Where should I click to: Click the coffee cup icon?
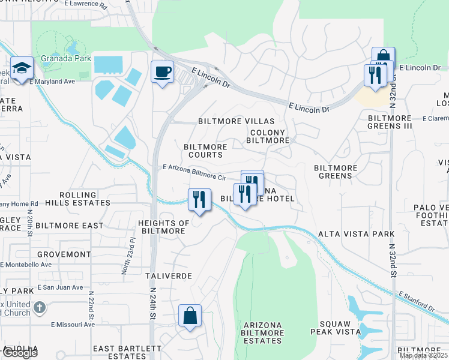click(162, 73)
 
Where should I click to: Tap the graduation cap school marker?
click(21, 68)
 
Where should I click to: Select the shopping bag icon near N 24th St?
click(190, 316)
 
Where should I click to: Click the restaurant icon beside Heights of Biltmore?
click(199, 200)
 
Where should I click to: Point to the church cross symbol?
click(39, 308)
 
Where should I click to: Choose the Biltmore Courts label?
click(205, 151)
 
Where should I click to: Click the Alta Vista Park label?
click(356, 234)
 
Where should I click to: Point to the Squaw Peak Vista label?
click(334, 327)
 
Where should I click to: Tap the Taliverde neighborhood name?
click(169, 276)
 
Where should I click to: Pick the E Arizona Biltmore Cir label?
click(194, 173)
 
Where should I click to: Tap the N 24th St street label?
click(152, 306)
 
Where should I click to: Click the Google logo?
click(19, 353)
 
